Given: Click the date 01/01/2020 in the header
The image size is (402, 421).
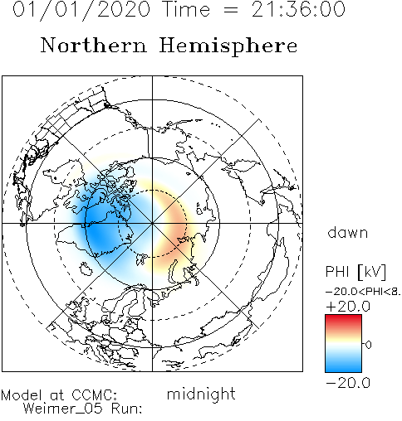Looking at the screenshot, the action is pyautogui.click(x=81, y=10).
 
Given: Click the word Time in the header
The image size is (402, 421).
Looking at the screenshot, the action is pyautogui.click(x=187, y=9).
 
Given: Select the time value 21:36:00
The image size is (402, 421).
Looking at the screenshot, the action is pyautogui.click(x=298, y=9).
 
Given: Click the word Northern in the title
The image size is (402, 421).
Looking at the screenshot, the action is pyautogui.click(x=94, y=46).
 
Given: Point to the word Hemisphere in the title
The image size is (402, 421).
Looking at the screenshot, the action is pyautogui.click(x=228, y=46).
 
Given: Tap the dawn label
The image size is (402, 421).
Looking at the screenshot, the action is pyautogui.click(x=348, y=233).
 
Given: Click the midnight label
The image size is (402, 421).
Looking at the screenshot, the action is pyautogui.click(x=201, y=394).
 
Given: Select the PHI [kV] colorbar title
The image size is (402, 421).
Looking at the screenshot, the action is pyautogui.click(x=355, y=272).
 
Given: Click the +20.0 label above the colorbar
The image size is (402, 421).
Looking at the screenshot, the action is pyautogui.click(x=348, y=307).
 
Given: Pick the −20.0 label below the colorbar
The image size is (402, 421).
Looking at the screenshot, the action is pyautogui.click(x=348, y=383).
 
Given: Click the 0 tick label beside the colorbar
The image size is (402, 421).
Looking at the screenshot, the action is pyautogui.click(x=369, y=345).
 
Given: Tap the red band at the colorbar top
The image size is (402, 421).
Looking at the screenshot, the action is pyautogui.click(x=343, y=321).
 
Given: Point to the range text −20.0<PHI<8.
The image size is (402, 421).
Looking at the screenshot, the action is pyautogui.click(x=363, y=292).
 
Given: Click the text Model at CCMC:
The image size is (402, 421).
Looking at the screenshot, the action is pyautogui.click(x=59, y=395).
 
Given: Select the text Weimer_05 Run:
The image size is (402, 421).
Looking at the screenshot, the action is pyautogui.click(x=82, y=409).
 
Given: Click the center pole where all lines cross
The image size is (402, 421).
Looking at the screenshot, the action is pyautogui.click(x=152, y=223).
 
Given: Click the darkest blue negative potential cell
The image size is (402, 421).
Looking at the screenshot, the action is pyautogui.click(x=101, y=230).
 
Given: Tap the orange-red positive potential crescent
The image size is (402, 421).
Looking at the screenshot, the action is pyautogui.click(x=177, y=224).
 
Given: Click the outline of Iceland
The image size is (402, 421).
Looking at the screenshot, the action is pyautogui.click(x=86, y=269).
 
